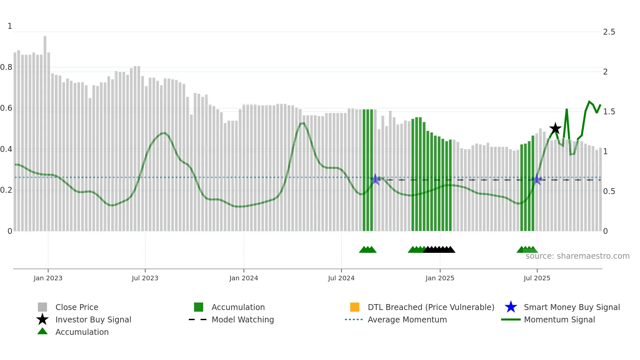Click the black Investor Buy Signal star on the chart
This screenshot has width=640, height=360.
point(555,128)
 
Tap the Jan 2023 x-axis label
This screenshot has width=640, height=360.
point(48,278)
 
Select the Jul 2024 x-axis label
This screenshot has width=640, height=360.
point(341,278)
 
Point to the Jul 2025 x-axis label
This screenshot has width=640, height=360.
point(537,278)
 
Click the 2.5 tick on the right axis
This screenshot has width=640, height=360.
point(609,32)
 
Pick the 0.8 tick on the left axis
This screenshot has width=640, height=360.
point(6,67)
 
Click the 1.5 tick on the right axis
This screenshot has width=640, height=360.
point(609,112)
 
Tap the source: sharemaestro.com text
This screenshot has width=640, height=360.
point(577,256)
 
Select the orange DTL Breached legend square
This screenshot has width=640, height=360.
point(355,307)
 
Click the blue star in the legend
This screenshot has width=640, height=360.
point(511,307)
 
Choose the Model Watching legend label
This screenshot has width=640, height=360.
point(243,319)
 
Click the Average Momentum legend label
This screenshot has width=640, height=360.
point(407,319)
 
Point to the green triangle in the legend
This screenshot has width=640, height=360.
point(42,332)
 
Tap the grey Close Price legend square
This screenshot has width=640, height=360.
point(42,307)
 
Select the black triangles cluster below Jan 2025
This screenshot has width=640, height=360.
point(439,250)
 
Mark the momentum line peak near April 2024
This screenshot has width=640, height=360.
point(303,123)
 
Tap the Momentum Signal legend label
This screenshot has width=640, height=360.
point(559,319)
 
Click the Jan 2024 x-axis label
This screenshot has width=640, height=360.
point(244,278)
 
